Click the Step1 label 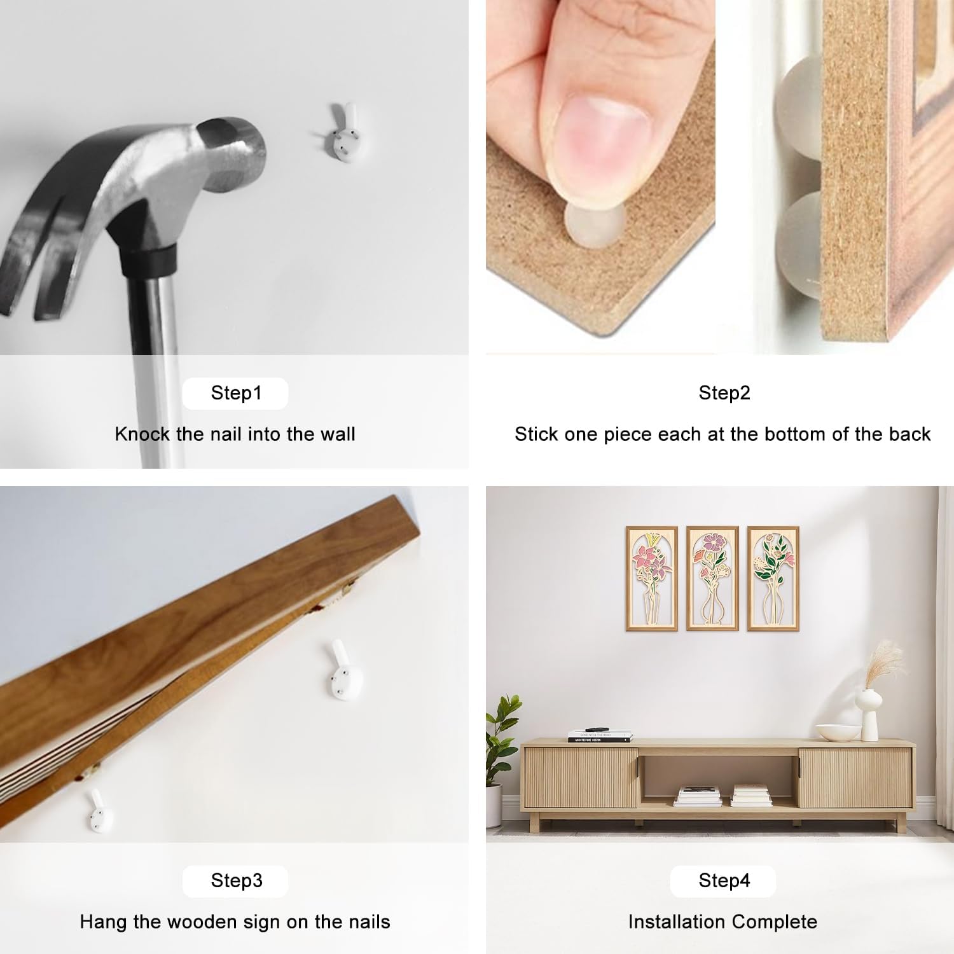coord(236,393)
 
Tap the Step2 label coord(724,393)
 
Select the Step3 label coord(237,881)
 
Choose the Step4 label coord(724,881)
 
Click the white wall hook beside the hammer coord(344,132)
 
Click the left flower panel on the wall coord(651,578)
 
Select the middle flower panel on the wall coord(712,578)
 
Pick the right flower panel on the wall coord(773,578)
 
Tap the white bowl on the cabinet coord(837,732)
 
